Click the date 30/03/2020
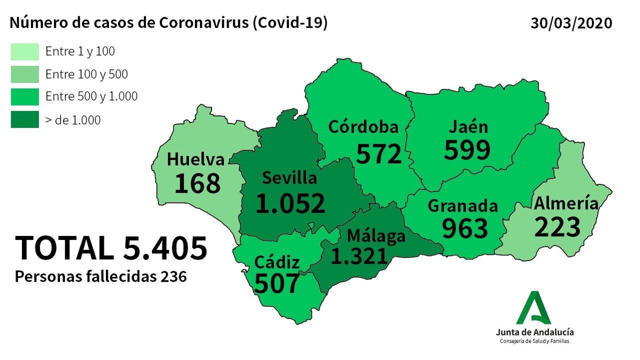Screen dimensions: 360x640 tap(571, 23)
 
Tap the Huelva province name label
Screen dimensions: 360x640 tap(196, 159)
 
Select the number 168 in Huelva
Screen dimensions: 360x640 tap(198, 183)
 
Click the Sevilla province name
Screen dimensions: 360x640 tap(289, 178)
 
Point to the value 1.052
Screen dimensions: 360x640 tap(290, 203)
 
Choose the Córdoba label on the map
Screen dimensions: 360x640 tap(363, 127)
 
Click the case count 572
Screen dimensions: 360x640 tap(378, 154)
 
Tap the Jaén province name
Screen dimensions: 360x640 tap(468, 127)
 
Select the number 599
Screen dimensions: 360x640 tap(467, 150)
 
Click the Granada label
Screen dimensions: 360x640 tap(463, 206)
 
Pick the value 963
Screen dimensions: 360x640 tap(465, 228)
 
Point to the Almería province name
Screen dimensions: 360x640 tap(566, 203)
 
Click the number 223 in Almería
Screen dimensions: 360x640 tap(557, 227)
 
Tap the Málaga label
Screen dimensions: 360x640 tap(376, 236)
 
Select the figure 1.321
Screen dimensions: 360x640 tap(359, 256)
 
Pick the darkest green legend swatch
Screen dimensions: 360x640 tap(25, 120)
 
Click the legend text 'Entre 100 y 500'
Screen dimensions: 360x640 tap(86, 74)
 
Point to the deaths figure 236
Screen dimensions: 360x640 tap(174, 276)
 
